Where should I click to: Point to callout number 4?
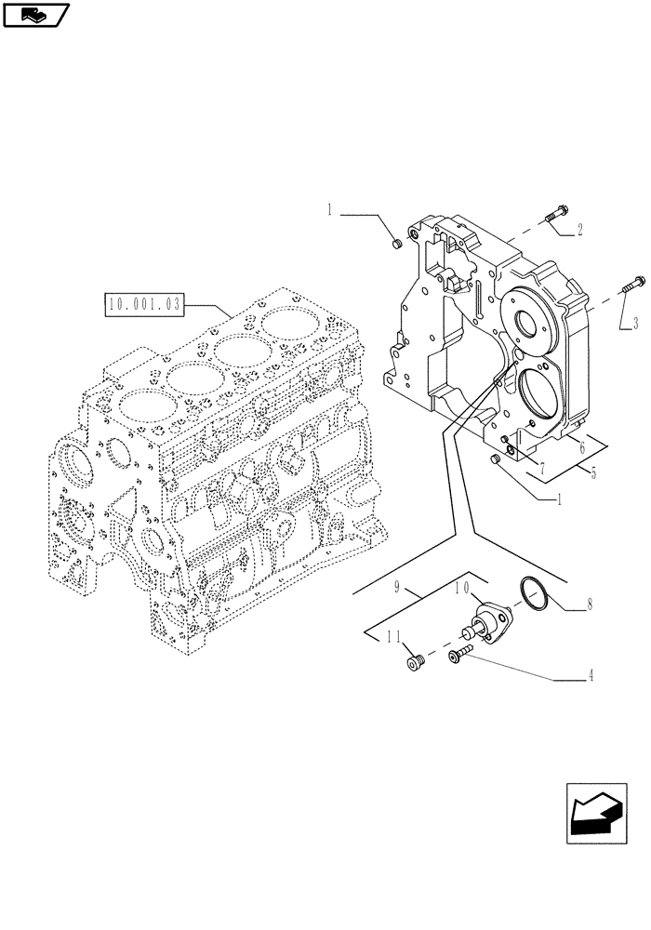click(591, 678)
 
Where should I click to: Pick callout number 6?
click(581, 448)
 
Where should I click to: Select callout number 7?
click(540, 462)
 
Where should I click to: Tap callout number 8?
click(589, 609)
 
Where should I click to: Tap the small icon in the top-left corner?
click(34, 14)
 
